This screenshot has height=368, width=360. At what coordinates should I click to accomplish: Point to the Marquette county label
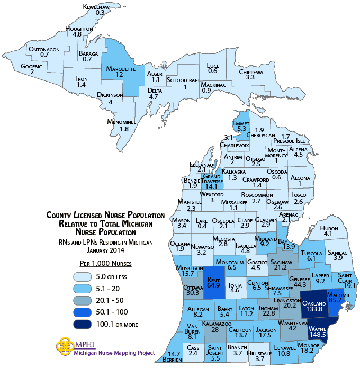(x=121, y=69)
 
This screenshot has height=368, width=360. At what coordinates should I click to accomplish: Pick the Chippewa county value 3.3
(x=250, y=77)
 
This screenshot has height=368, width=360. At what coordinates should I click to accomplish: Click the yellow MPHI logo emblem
(x=64, y=346)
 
